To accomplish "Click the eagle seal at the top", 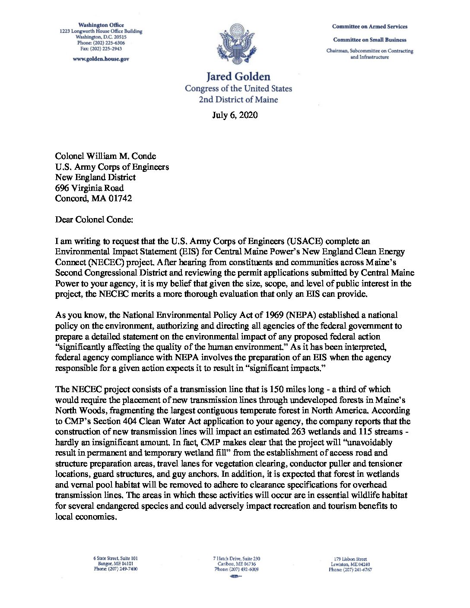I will (x=238, y=44).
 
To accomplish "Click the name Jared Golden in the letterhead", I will (x=238, y=77).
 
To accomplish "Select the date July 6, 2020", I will (x=235, y=115).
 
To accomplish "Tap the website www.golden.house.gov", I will (x=101, y=59).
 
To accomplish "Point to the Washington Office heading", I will (x=101, y=25).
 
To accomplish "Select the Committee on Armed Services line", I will (x=369, y=26).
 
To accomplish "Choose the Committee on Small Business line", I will (x=369, y=40).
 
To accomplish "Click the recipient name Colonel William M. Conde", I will (x=105, y=156).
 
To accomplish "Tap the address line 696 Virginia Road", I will (x=89, y=188).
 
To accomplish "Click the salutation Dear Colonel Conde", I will (x=94, y=220).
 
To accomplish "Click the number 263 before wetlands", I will (x=300, y=431).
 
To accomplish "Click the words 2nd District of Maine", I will (x=238, y=100).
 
